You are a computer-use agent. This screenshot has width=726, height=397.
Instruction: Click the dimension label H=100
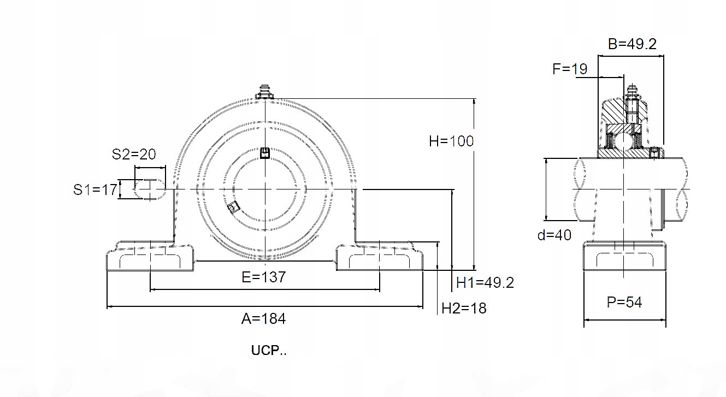(x=451, y=141)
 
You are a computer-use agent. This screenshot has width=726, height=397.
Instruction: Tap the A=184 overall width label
(x=263, y=318)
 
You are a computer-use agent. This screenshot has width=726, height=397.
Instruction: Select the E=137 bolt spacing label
(x=263, y=277)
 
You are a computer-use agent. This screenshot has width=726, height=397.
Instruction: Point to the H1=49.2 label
(x=485, y=282)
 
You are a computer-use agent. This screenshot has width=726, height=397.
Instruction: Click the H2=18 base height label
(x=464, y=309)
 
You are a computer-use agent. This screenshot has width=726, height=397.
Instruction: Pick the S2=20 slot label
(x=134, y=154)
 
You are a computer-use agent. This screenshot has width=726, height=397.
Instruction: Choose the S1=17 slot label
(x=96, y=189)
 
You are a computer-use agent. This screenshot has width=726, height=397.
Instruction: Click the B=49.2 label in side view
(x=632, y=44)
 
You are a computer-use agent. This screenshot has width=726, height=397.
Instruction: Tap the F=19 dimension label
(x=570, y=69)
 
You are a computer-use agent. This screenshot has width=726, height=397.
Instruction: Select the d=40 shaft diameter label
(x=554, y=235)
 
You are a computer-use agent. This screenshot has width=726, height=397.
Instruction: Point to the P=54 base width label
(x=624, y=302)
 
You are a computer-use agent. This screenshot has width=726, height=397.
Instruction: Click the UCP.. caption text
(x=269, y=351)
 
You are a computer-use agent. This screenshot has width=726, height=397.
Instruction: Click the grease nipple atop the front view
(x=265, y=92)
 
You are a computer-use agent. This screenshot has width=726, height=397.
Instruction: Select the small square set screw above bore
(x=265, y=152)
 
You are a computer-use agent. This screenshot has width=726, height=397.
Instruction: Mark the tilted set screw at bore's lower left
(x=233, y=206)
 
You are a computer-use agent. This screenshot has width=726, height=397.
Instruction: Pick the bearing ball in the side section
(x=622, y=140)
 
